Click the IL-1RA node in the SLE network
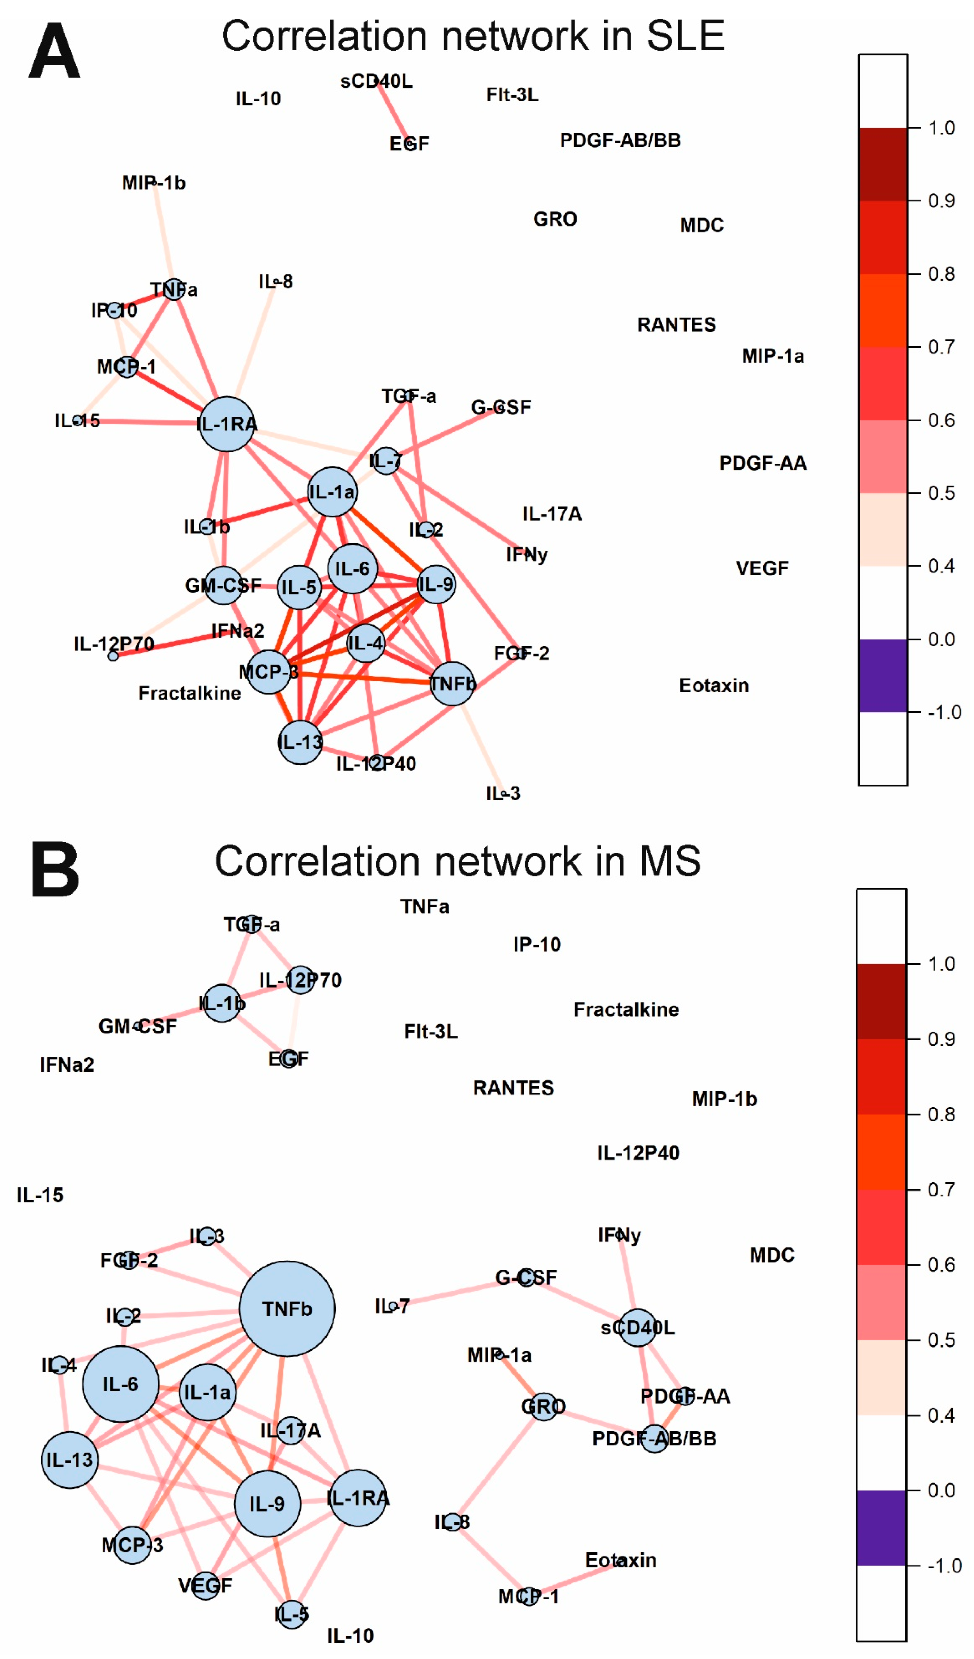click(226, 424)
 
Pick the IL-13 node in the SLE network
click(300, 742)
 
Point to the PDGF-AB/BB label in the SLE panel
click(620, 140)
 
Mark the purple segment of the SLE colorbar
click(883, 675)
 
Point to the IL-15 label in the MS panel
click(40, 1195)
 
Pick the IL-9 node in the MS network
click(268, 1504)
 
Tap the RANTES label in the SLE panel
click(676, 325)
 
